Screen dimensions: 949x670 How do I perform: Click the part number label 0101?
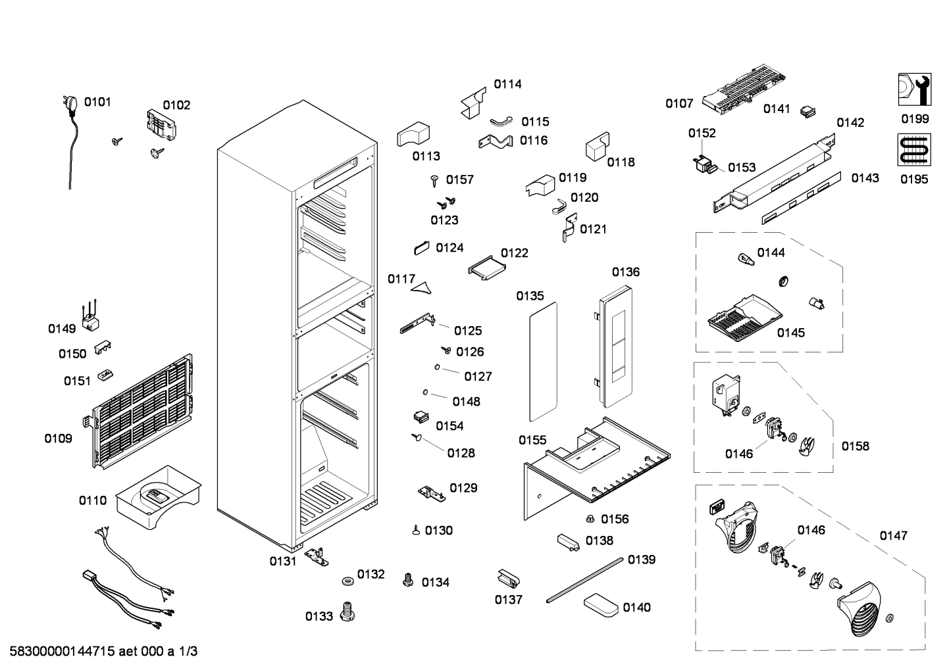(97, 102)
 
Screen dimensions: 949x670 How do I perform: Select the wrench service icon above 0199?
(915, 89)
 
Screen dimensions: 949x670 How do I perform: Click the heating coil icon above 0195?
(914, 149)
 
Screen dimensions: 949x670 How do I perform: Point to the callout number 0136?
(626, 272)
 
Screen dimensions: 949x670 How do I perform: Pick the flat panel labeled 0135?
(543, 362)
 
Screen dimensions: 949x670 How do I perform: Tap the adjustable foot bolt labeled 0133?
(347, 611)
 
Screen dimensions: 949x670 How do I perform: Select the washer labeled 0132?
(348, 581)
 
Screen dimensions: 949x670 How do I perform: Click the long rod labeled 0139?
(584, 580)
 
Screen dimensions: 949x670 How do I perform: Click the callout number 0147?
(894, 536)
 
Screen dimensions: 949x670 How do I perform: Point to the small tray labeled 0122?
(487, 268)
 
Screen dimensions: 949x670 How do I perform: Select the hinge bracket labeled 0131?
(316, 556)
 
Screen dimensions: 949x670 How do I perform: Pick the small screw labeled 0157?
(434, 181)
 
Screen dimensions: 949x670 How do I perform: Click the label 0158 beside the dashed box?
(856, 446)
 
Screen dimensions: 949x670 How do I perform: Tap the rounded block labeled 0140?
(602, 607)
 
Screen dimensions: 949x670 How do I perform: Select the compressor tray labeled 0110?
(158, 497)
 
